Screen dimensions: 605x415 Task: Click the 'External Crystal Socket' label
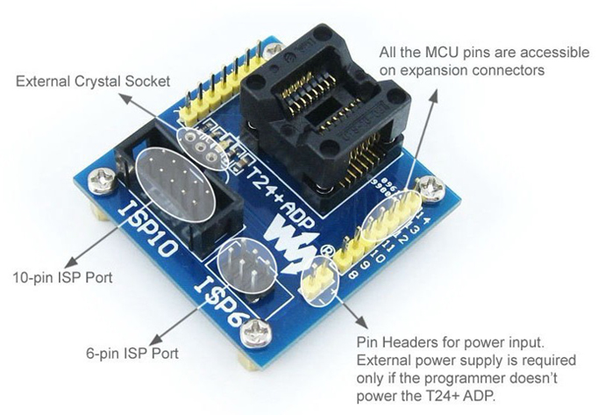tap(93, 82)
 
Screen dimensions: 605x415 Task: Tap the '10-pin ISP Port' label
tap(63, 277)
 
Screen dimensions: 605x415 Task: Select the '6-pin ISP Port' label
tap(132, 354)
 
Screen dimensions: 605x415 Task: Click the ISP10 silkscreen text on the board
tap(146, 229)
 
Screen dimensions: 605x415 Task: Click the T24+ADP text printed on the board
tap(280, 197)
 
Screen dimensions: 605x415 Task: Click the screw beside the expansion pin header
tap(431, 188)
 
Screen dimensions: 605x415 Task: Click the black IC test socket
tap(324, 112)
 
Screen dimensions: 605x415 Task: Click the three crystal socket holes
tap(201, 147)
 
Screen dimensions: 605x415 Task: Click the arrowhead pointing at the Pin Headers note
tap(361, 321)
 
